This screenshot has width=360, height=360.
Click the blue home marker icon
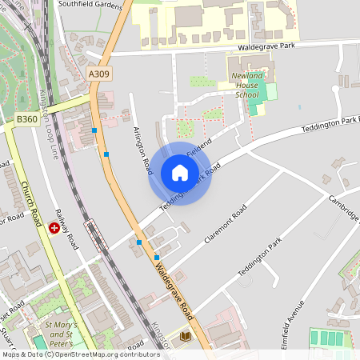click(180, 173)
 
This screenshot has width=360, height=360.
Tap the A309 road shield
click(99, 74)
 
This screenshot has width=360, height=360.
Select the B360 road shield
click(27, 119)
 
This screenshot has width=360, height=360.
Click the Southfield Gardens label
click(91, 5)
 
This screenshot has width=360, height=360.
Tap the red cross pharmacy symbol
click(54, 227)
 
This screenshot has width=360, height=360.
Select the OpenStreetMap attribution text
click(80, 354)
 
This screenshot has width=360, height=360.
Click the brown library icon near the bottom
click(187, 337)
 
